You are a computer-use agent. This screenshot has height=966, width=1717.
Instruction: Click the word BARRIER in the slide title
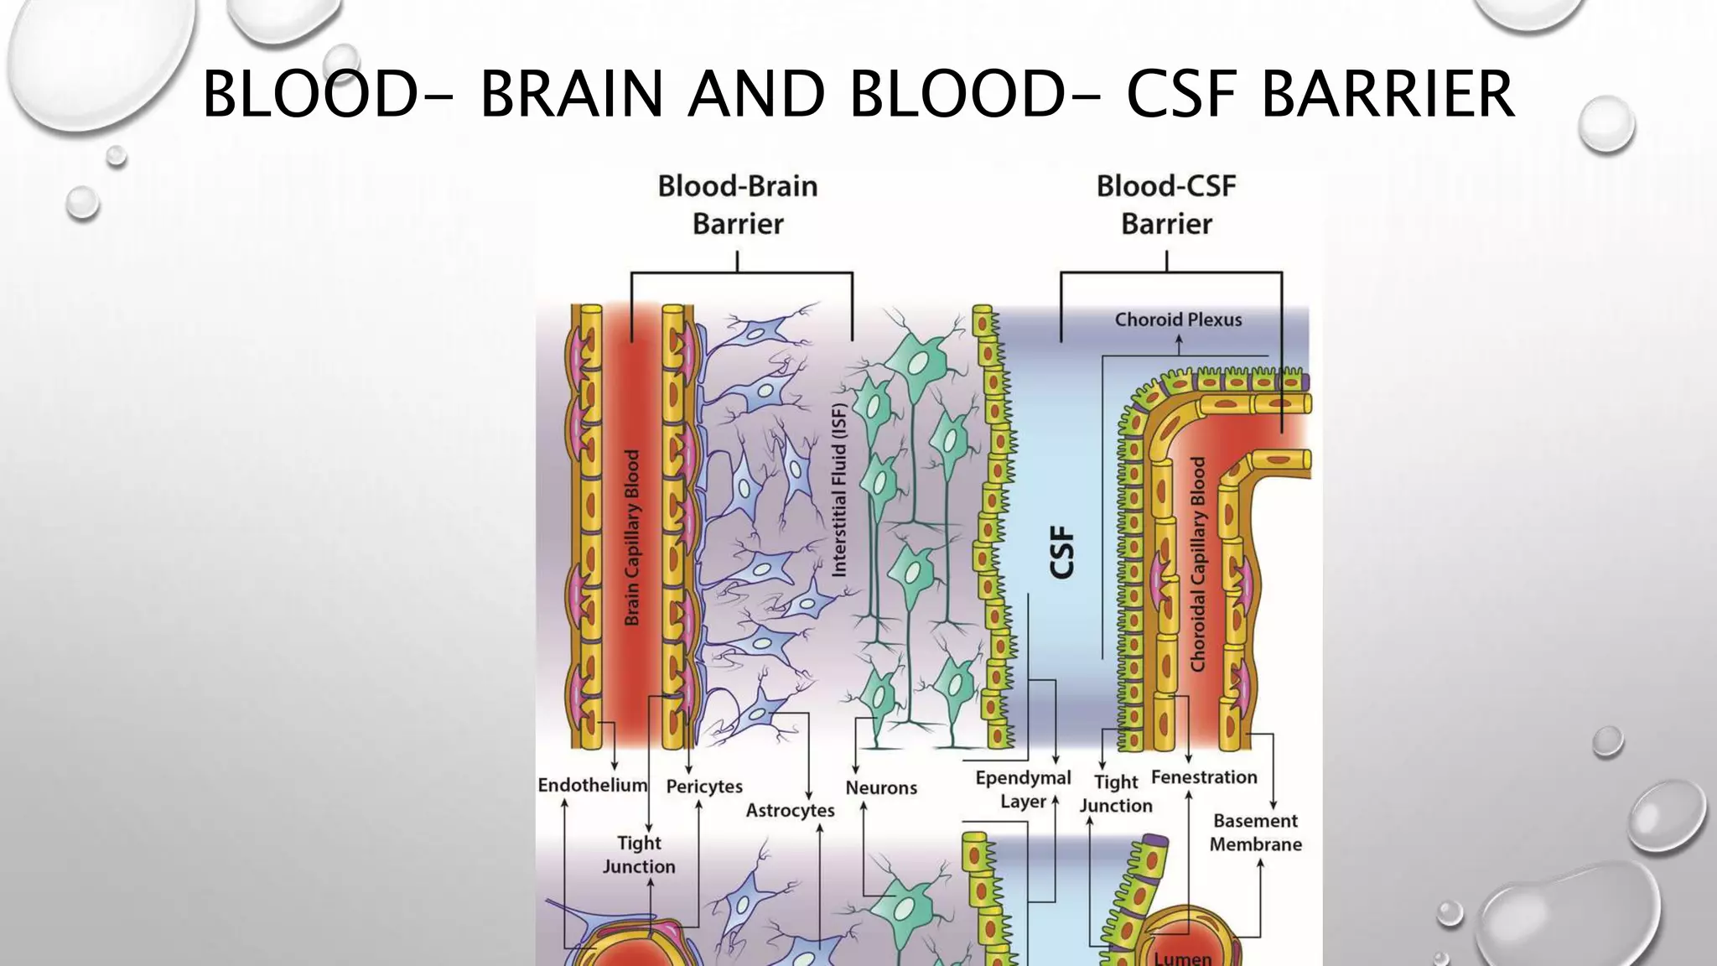[x=1388, y=94]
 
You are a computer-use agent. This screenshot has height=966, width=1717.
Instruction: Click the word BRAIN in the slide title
[x=571, y=94]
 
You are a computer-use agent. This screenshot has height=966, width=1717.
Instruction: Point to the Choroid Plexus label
[x=1178, y=319]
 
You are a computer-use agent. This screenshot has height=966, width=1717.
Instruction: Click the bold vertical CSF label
[x=1061, y=552]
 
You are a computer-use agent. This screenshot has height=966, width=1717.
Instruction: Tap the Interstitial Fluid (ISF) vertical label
[x=839, y=491]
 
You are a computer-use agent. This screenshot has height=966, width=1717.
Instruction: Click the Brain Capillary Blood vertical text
[x=632, y=538]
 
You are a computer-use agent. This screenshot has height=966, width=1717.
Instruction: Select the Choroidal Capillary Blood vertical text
[x=1197, y=563]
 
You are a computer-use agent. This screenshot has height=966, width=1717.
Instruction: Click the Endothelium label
[x=592, y=785]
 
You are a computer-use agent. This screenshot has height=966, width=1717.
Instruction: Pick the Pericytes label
[x=704, y=787]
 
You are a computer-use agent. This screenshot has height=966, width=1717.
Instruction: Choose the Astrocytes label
[x=790, y=811]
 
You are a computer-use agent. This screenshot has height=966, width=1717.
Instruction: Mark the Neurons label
[x=881, y=788]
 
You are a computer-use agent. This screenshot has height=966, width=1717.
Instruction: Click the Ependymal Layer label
[x=1023, y=789]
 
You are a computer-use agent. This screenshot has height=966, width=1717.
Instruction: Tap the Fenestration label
[x=1204, y=777]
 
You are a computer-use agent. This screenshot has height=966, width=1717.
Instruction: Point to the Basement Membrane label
[x=1255, y=833]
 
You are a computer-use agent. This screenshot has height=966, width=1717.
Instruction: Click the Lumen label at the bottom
[x=1182, y=958]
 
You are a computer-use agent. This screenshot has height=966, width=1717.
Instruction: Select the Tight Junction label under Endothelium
[x=639, y=854]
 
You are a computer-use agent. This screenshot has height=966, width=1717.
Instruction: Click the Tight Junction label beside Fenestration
[x=1116, y=793]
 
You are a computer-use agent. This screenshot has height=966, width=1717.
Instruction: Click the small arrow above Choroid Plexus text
[x=1179, y=343]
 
